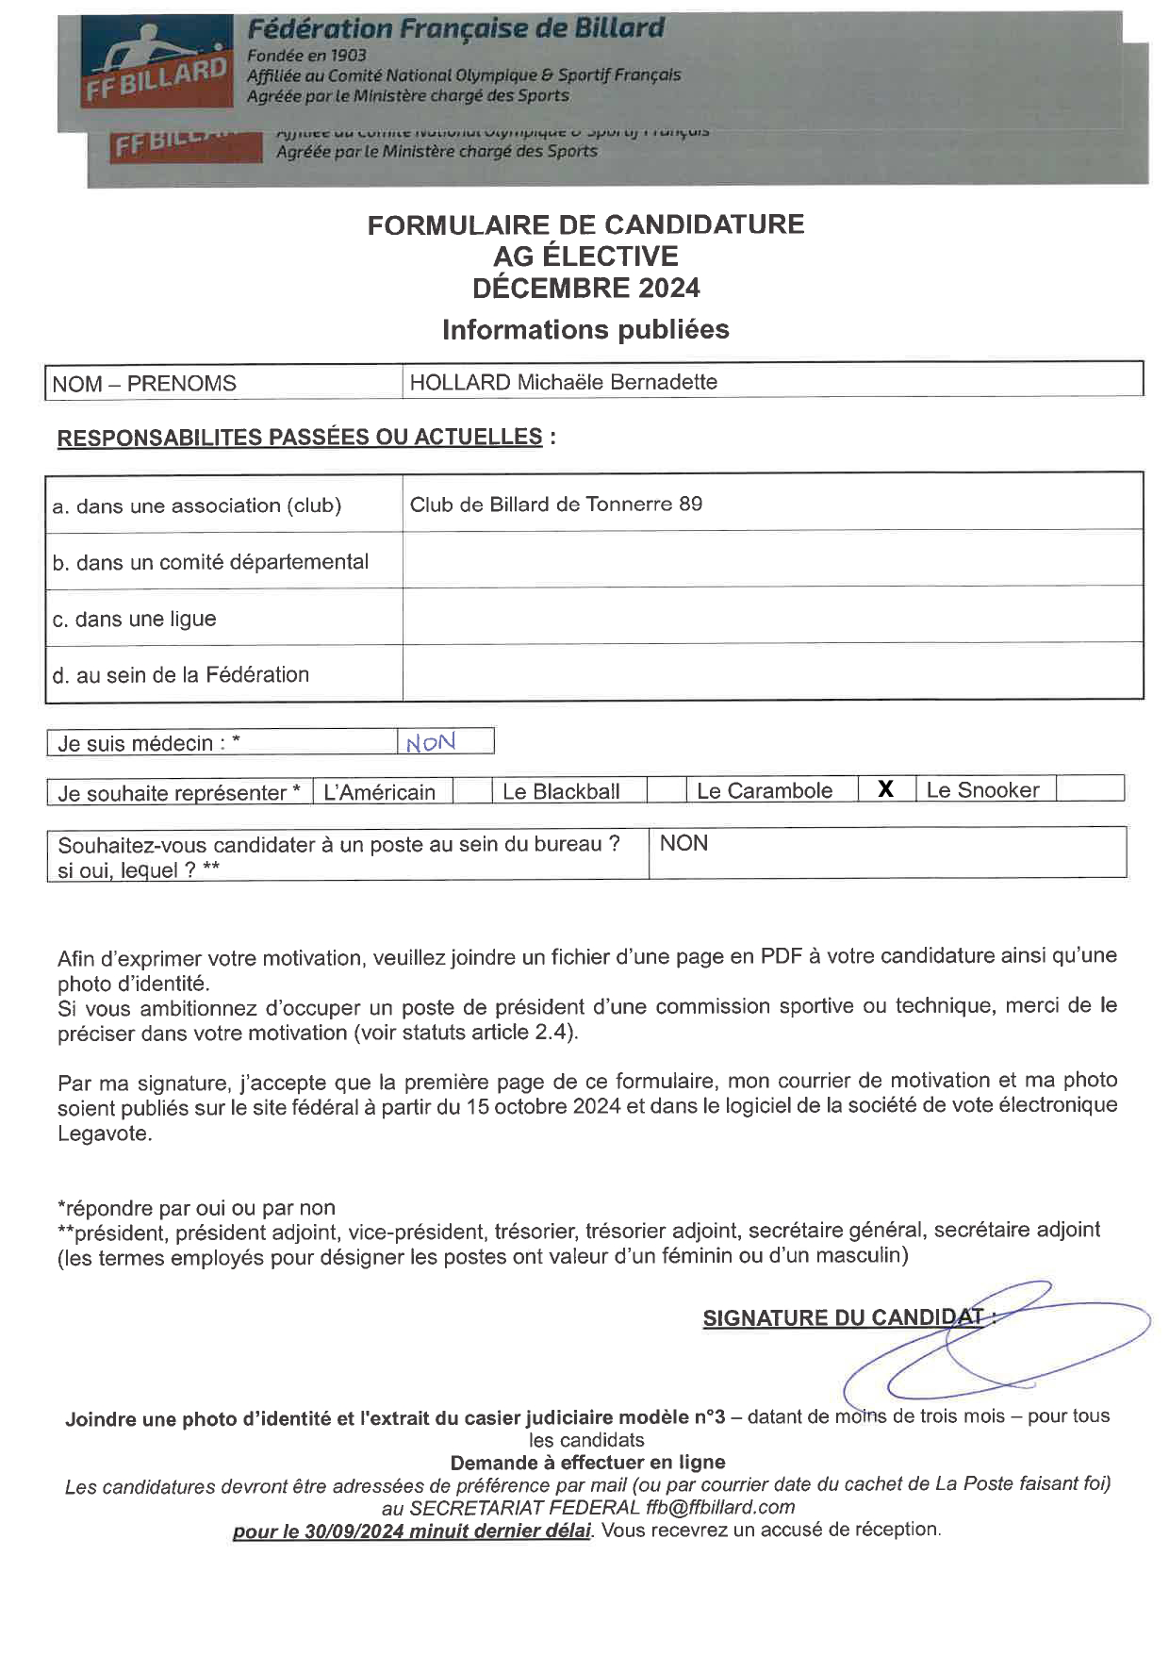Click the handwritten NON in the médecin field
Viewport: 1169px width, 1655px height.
click(431, 742)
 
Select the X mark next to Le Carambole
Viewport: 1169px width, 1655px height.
click(885, 789)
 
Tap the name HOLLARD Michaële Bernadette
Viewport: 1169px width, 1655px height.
click(563, 382)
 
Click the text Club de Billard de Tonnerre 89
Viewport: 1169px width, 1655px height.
click(555, 504)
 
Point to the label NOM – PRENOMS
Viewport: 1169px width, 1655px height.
click(144, 384)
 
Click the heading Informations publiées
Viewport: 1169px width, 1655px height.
click(585, 329)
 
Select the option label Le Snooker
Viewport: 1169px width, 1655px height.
click(982, 790)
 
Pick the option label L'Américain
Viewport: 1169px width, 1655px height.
click(379, 792)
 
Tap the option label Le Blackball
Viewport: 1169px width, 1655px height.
click(561, 791)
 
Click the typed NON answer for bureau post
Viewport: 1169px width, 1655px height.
click(683, 843)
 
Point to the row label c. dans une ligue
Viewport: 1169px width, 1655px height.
click(135, 619)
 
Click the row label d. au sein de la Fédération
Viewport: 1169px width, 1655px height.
click(181, 674)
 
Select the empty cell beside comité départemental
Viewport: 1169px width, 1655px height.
click(772, 560)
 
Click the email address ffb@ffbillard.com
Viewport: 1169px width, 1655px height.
click(720, 1507)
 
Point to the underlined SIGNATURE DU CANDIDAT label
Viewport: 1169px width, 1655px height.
click(844, 1318)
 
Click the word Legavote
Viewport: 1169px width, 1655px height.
click(105, 1133)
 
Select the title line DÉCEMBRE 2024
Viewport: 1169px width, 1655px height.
click(585, 288)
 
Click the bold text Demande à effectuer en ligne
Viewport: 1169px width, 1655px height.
click(587, 1462)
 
